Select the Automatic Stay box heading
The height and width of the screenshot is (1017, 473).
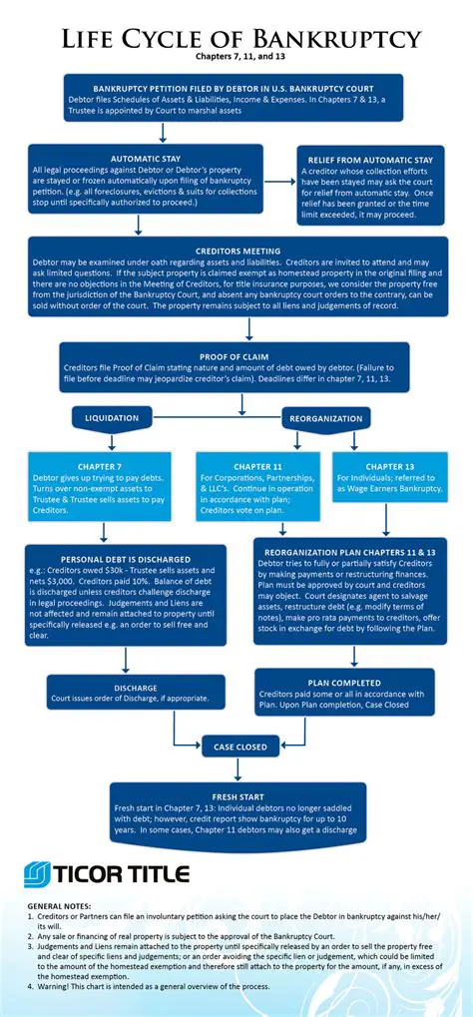click(145, 159)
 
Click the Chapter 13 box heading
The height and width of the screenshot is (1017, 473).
click(389, 465)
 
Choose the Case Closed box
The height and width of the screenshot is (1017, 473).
click(238, 746)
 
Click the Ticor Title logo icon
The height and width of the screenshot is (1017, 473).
click(41, 874)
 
